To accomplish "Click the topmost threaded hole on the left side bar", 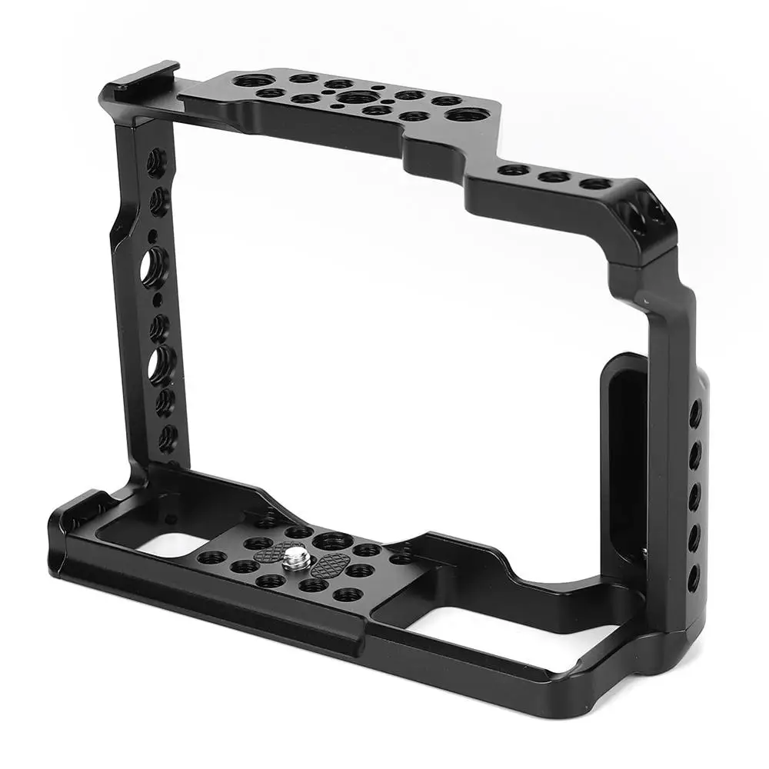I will (x=156, y=162).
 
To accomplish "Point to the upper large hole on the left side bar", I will (x=154, y=265).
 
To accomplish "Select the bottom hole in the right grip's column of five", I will (x=694, y=578).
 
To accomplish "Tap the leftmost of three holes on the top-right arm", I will (x=514, y=170).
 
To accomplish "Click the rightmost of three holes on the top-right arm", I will (x=594, y=184).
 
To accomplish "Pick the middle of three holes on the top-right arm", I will (x=554, y=177).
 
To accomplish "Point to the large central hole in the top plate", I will (x=355, y=98).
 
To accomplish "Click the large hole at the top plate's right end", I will (x=466, y=115).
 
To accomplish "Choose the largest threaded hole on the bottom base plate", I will (x=333, y=541).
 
